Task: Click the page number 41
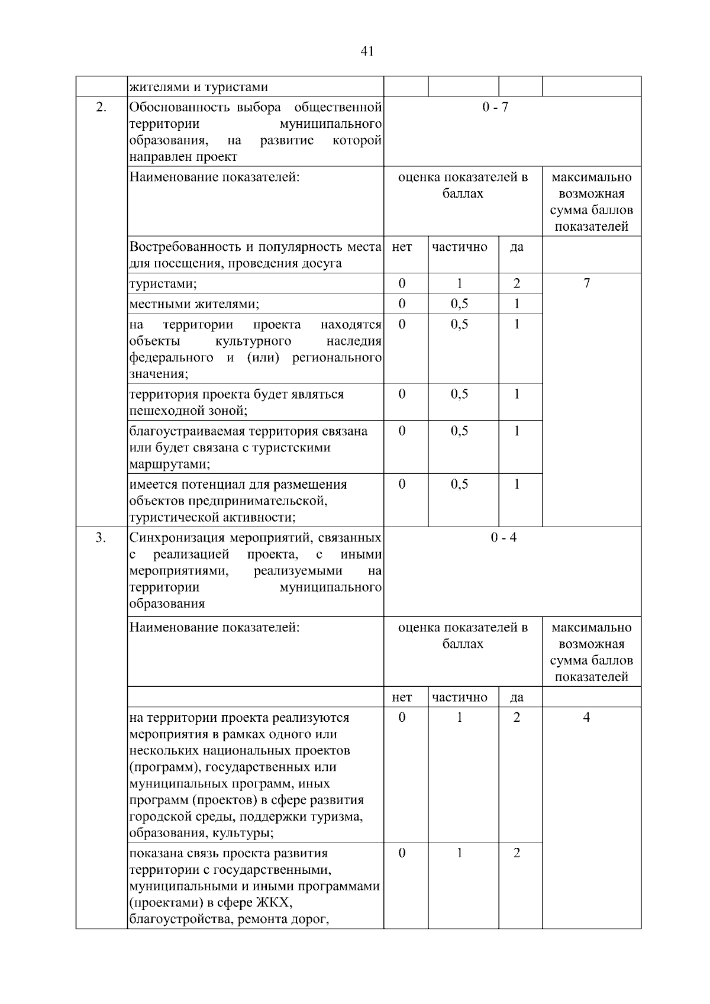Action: click(367, 51)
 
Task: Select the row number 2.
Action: click(101, 107)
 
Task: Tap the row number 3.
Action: click(101, 537)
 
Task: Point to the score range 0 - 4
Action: click(504, 537)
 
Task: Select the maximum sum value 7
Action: click(586, 283)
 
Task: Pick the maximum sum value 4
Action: click(586, 717)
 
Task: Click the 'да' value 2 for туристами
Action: click(517, 283)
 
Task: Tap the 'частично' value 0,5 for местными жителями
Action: click(459, 304)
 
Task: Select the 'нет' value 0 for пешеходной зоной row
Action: click(402, 394)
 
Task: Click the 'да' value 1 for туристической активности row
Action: click(517, 484)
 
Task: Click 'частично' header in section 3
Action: click(459, 698)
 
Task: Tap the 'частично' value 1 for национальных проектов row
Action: click(459, 717)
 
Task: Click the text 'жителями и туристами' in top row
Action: click(199, 87)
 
